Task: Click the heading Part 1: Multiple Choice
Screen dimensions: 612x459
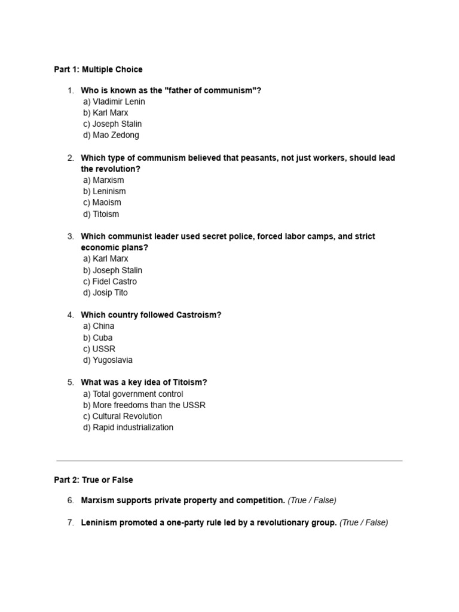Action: pos(98,69)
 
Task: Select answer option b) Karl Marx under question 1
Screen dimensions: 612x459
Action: pos(106,113)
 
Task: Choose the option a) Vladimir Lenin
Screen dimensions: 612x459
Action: pos(114,102)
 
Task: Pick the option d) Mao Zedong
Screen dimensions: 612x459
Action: pos(111,135)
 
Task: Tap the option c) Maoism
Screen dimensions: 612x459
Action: pos(102,203)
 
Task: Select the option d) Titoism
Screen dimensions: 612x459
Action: pos(101,214)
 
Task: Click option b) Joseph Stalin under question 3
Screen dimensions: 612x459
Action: pos(113,270)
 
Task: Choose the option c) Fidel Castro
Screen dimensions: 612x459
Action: pos(110,281)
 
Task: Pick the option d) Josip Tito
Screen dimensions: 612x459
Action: pos(106,293)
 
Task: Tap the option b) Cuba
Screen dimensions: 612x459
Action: pos(98,338)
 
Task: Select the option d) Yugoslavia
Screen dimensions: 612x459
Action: pos(108,360)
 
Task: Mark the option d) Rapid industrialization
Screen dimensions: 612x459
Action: pos(128,427)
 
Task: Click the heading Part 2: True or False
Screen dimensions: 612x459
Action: pos(93,480)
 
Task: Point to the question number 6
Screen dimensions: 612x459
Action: pos(70,500)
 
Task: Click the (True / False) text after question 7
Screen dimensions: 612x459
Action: pos(363,523)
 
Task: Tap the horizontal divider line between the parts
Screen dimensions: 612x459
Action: pos(229,461)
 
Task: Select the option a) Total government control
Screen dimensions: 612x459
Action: pos(133,394)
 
